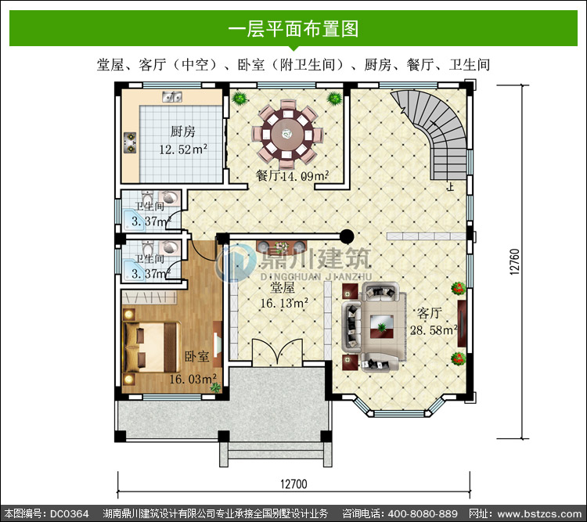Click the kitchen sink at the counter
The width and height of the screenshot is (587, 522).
(172, 96)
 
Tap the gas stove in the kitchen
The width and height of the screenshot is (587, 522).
(130, 142)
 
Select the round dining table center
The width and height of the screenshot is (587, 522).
(287, 133)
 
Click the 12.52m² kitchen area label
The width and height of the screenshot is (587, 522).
(183, 149)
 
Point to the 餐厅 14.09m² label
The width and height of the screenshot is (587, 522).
(292, 175)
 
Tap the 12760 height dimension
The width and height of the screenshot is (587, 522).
(515, 261)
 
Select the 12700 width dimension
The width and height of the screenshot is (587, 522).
(293, 484)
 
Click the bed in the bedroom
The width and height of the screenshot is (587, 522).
(152, 347)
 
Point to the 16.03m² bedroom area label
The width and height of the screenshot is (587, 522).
(193, 379)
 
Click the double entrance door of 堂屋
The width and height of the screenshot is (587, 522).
(277, 352)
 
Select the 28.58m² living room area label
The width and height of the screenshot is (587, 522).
(434, 330)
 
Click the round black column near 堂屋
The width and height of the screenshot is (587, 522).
(347, 236)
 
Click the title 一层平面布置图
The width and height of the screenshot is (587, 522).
(293, 28)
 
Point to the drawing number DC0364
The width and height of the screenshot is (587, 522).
(69, 513)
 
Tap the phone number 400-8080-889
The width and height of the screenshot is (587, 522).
(423, 513)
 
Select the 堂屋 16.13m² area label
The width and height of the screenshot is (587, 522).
(284, 296)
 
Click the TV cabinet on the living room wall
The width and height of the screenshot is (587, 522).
(462, 323)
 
